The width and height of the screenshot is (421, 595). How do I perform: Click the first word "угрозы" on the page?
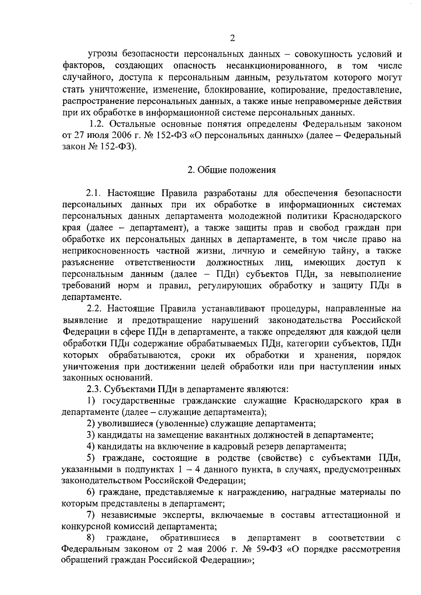[x=102, y=55]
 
